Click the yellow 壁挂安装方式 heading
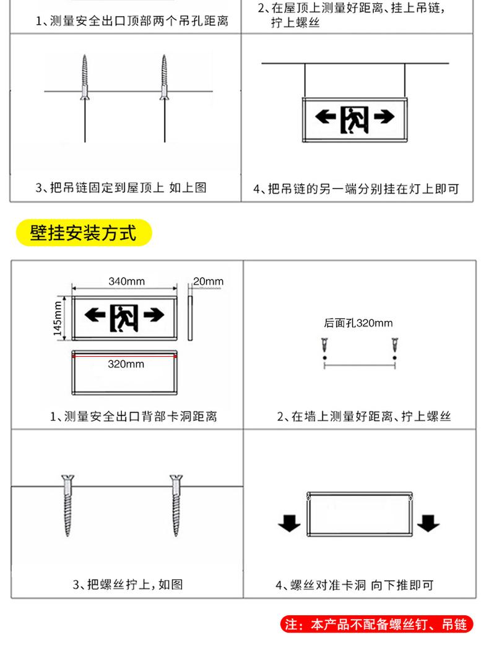point(84,233)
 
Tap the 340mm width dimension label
point(127,281)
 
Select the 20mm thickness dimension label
point(208,281)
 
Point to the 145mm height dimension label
point(58,318)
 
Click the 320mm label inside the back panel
point(126,364)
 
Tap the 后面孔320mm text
point(358,323)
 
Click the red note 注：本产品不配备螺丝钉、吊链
point(376,625)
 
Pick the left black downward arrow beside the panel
point(289,524)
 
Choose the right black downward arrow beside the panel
point(428,524)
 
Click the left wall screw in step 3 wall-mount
point(67,505)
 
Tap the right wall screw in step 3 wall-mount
point(176,505)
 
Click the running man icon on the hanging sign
point(354,120)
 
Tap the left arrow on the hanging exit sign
point(326,117)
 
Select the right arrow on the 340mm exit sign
point(154,314)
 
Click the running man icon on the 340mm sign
point(124,318)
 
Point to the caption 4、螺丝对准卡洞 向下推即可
point(355,585)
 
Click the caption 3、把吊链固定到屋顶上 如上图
point(121,188)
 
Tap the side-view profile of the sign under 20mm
point(190,318)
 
